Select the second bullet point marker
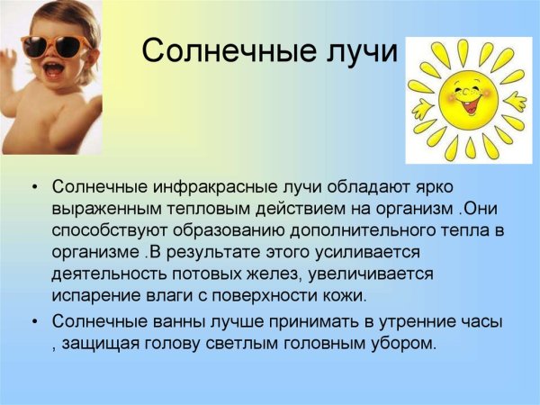[x=33, y=321]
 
